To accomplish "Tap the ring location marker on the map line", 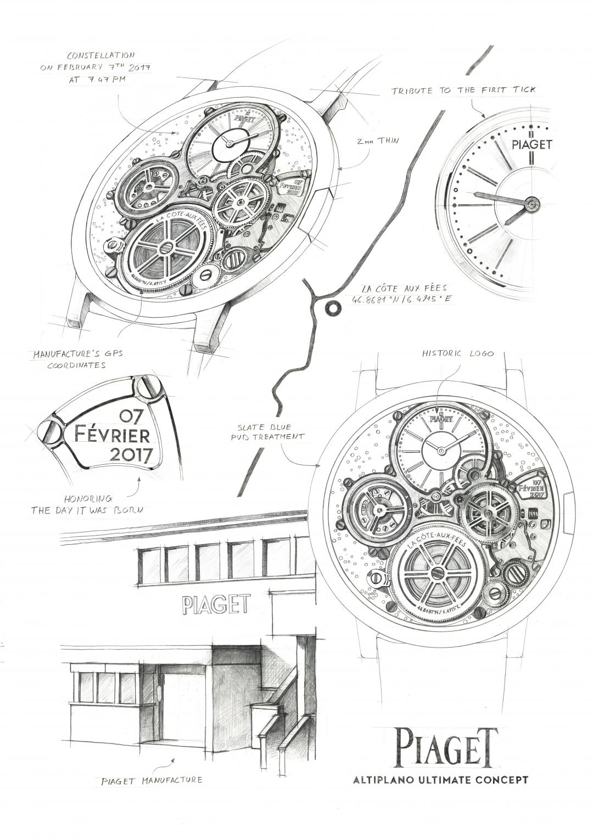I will [x=332, y=308].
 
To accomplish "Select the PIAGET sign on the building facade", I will [x=215, y=605].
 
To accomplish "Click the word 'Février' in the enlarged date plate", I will [x=113, y=436].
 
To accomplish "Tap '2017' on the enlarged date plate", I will [x=130, y=454].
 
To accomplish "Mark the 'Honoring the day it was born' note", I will [x=87, y=504].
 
